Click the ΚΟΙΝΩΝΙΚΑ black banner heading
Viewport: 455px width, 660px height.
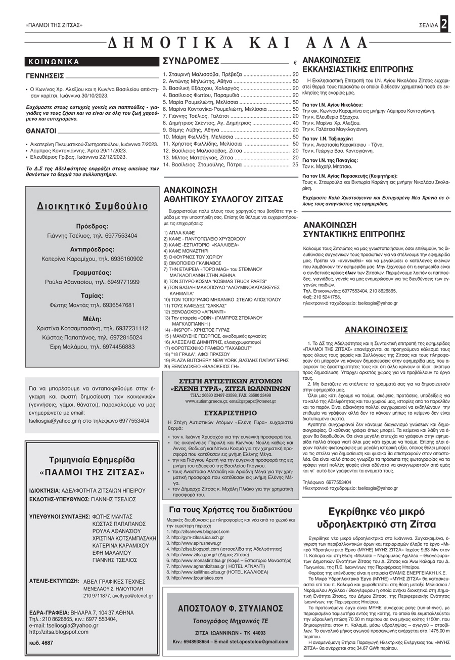54,62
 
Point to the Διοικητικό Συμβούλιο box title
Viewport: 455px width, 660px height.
93,206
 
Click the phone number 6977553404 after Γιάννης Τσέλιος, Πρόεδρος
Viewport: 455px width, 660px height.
119,236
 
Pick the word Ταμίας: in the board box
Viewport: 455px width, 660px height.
92,296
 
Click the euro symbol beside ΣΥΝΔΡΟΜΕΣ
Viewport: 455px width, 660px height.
295,63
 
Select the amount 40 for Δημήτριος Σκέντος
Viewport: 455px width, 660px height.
295,122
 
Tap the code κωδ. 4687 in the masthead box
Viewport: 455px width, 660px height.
41,643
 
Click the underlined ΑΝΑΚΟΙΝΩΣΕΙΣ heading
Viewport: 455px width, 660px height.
376,330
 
